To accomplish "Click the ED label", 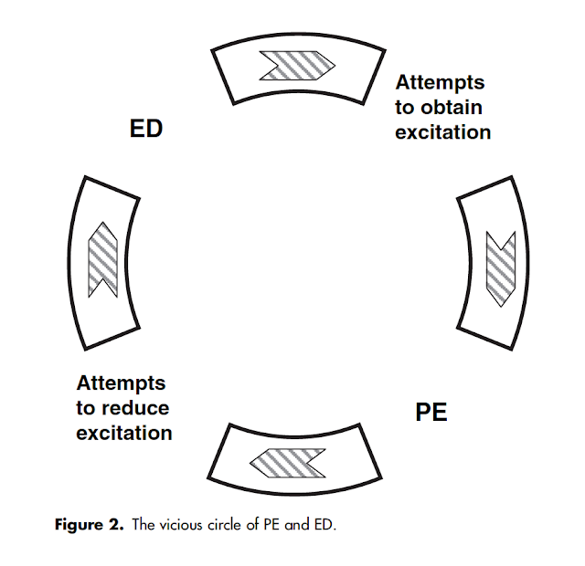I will pos(145,129).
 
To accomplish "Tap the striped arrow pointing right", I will pos(297,66).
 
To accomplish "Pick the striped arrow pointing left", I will pos(287,462).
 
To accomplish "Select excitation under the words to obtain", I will pos(443,131).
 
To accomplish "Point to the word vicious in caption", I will pos(185,525).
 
